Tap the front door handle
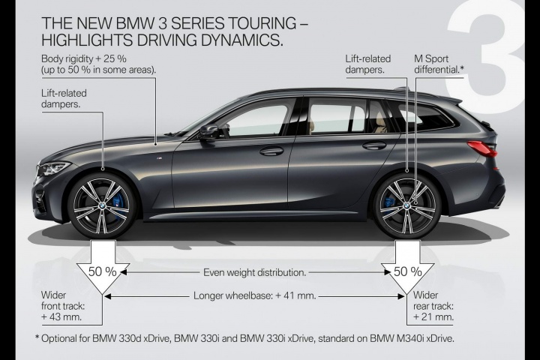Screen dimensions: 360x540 point(271,151)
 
